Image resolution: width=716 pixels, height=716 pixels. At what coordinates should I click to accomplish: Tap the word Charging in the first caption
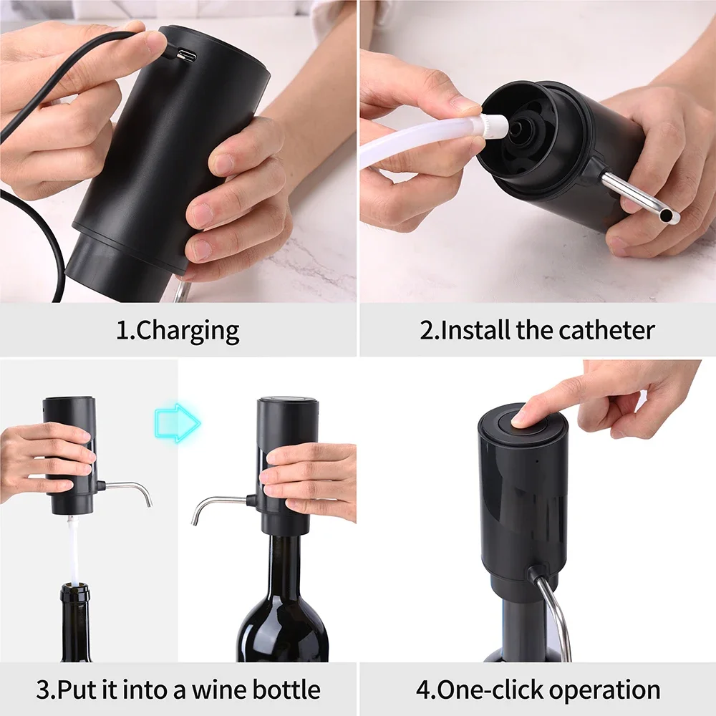click(x=188, y=331)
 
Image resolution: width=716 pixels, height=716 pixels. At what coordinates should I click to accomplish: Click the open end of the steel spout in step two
click(x=669, y=215)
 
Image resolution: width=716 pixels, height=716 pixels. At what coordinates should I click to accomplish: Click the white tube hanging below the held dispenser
click(x=73, y=548)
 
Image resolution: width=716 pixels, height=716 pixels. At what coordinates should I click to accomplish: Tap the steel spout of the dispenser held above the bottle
click(x=132, y=487)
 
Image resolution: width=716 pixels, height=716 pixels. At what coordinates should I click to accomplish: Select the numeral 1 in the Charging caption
click(x=121, y=331)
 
